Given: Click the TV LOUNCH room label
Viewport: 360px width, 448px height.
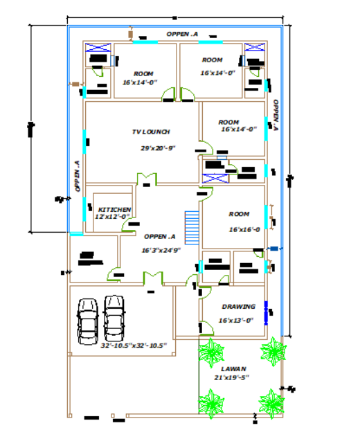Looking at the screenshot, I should [x=151, y=132].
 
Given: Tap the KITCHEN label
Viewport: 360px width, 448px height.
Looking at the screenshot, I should [x=114, y=209].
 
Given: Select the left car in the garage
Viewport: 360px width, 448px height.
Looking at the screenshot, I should [x=88, y=320].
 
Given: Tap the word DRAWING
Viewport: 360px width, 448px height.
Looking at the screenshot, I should [x=238, y=306].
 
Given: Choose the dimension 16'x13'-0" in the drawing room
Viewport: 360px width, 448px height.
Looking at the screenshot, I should [x=236, y=321].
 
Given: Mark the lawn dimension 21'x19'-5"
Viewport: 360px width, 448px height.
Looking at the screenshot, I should [x=231, y=377].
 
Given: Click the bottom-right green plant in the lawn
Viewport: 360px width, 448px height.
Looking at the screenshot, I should [x=271, y=401].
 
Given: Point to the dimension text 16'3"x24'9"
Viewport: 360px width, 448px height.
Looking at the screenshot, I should [x=161, y=250].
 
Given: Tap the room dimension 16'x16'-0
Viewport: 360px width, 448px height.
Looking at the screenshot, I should [x=244, y=230].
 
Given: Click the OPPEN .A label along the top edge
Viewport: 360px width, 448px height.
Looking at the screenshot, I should [x=182, y=34].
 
